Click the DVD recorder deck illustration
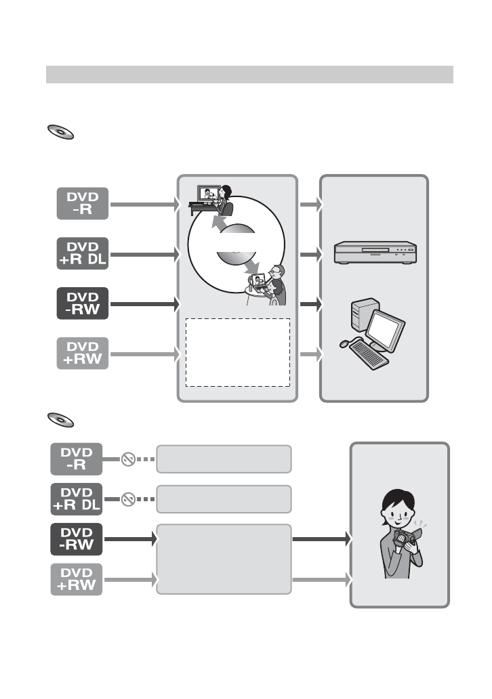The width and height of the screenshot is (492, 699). click(375, 253)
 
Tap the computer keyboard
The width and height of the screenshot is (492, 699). click(369, 354)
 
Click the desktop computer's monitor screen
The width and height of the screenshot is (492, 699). click(385, 331)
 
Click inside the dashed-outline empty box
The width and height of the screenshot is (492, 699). click(238, 352)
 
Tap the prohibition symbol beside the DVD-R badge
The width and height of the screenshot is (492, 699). click(129, 459)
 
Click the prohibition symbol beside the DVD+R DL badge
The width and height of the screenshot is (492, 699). click(129, 499)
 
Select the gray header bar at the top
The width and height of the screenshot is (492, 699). click(250, 75)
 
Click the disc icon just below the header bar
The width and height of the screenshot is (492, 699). click(61, 132)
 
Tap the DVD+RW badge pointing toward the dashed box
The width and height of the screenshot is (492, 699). click(83, 354)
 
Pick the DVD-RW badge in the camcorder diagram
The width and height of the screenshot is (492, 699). click(77, 539)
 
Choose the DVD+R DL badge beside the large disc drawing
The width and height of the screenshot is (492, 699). click(83, 253)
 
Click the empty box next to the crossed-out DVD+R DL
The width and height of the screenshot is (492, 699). click(224, 499)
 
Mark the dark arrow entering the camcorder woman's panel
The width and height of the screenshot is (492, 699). click(322, 539)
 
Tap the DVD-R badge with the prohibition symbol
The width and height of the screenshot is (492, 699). click(77, 459)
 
